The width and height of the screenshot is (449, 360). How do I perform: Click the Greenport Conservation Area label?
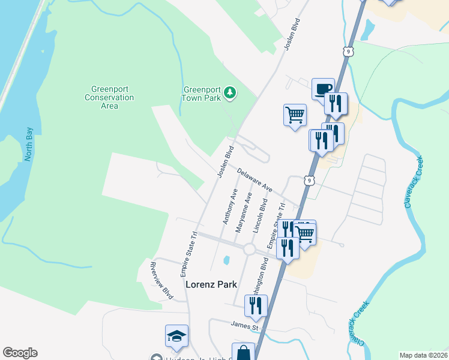[109, 97]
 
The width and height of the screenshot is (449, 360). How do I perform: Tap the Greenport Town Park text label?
[202, 94]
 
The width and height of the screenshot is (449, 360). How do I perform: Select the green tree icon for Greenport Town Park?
[230, 93]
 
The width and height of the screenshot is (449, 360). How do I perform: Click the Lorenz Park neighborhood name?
[211, 284]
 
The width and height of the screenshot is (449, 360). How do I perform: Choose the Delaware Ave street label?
[255, 180]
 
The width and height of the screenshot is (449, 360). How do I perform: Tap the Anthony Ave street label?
[231, 206]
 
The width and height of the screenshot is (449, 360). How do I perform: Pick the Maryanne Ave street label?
[244, 212]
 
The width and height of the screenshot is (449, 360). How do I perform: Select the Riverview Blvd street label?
[161, 280]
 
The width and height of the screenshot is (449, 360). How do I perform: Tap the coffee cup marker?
[323, 89]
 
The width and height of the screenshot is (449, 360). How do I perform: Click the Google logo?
[20, 353]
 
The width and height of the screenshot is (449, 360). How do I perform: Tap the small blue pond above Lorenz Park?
[226, 260]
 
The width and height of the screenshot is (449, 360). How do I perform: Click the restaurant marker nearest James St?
[256, 305]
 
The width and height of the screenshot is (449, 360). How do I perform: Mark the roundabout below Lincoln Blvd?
[250, 249]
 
